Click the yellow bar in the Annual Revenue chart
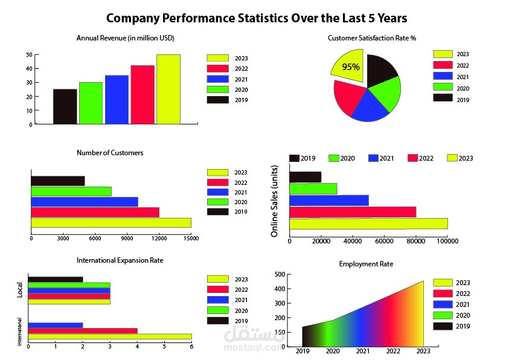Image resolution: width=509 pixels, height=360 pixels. [x=168, y=89]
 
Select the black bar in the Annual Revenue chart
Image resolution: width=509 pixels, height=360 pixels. [x=65, y=106]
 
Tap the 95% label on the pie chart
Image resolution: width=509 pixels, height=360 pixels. [x=351, y=67]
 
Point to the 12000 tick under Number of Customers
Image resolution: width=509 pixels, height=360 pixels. [x=159, y=238]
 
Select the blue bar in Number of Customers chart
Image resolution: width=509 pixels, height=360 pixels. [x=84, y=202]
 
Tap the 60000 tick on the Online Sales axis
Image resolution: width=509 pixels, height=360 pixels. [x=384, y=242]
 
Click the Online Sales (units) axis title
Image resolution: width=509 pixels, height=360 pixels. [x=274, y=200]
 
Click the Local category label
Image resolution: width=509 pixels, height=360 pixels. [x=20, y=290]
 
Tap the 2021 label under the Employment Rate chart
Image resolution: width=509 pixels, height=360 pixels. [x=363, y=352]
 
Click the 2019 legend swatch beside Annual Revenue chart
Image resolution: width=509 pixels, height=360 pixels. [x=217, y=100]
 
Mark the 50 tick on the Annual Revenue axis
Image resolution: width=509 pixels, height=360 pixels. [x=29, y=54]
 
